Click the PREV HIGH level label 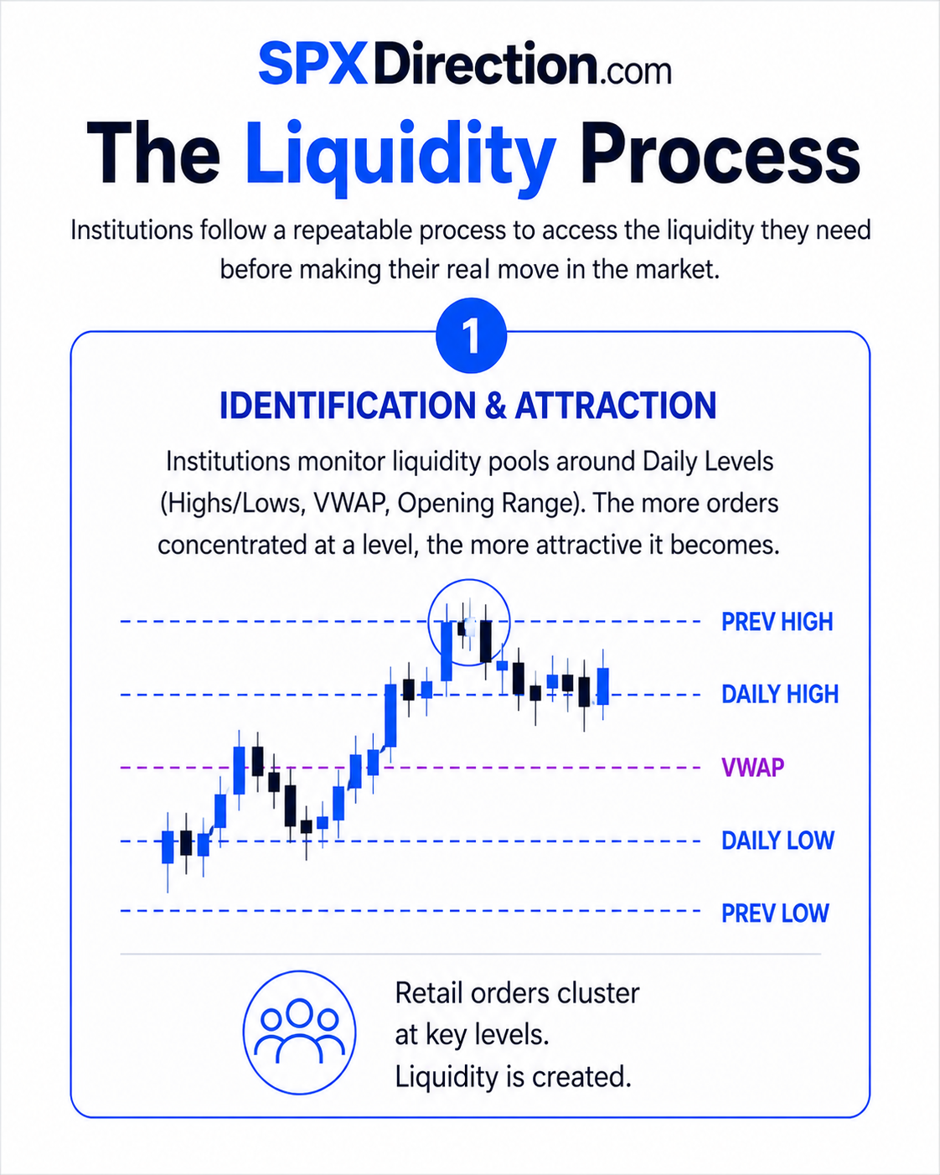pyautogui.click(x=777, y=621)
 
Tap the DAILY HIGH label pyautogui.click(x=779, y=694)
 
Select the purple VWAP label pyautogui.click(x=752, y=767)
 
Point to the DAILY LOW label pyautogui.click(x=777, y=841)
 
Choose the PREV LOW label pyautogui.click(x=775, y=913)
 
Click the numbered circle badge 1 pyautogui.click(x=471, y=336)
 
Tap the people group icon pyautogui.click(x=299, y=1033)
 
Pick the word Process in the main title pyautogui.click(x=720, y=153)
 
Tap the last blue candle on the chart pyautogui.click(x=602, y=686)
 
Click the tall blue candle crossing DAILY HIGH pyautogui.click(x=390, y=715)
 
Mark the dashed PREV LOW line pyautogui.click(x=410, y=911)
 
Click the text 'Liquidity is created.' pyautogui.click(x=513, y=1077)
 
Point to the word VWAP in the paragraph pyautogui.click(x=349, y=504)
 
